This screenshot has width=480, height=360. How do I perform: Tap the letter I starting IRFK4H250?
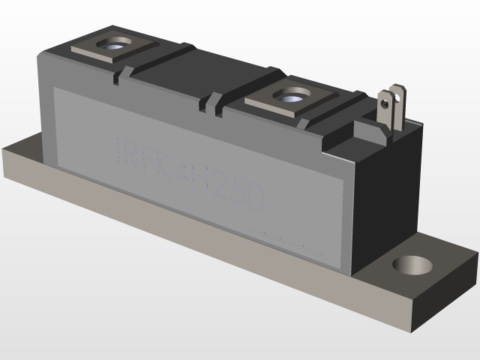(x=119, y=149)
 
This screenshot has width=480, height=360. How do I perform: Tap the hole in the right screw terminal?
(x=288, y=96)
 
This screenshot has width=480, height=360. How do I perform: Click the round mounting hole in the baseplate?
(x=413, y=265)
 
